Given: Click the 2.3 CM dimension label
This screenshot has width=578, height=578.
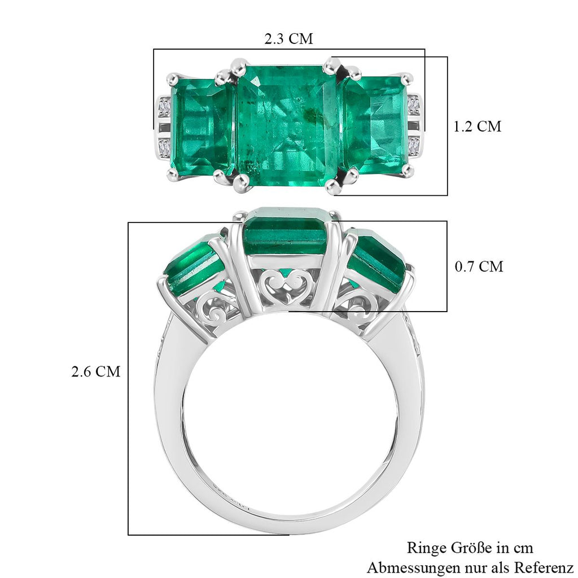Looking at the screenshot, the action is tap(288, 38).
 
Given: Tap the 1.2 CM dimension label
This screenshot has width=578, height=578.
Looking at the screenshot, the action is tap(478, 126).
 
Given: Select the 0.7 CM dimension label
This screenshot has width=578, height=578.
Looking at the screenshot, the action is tap(479, 266).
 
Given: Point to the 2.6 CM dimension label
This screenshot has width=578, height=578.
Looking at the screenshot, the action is tap(96, 371).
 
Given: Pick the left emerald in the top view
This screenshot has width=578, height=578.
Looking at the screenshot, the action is tap(202, 126).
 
